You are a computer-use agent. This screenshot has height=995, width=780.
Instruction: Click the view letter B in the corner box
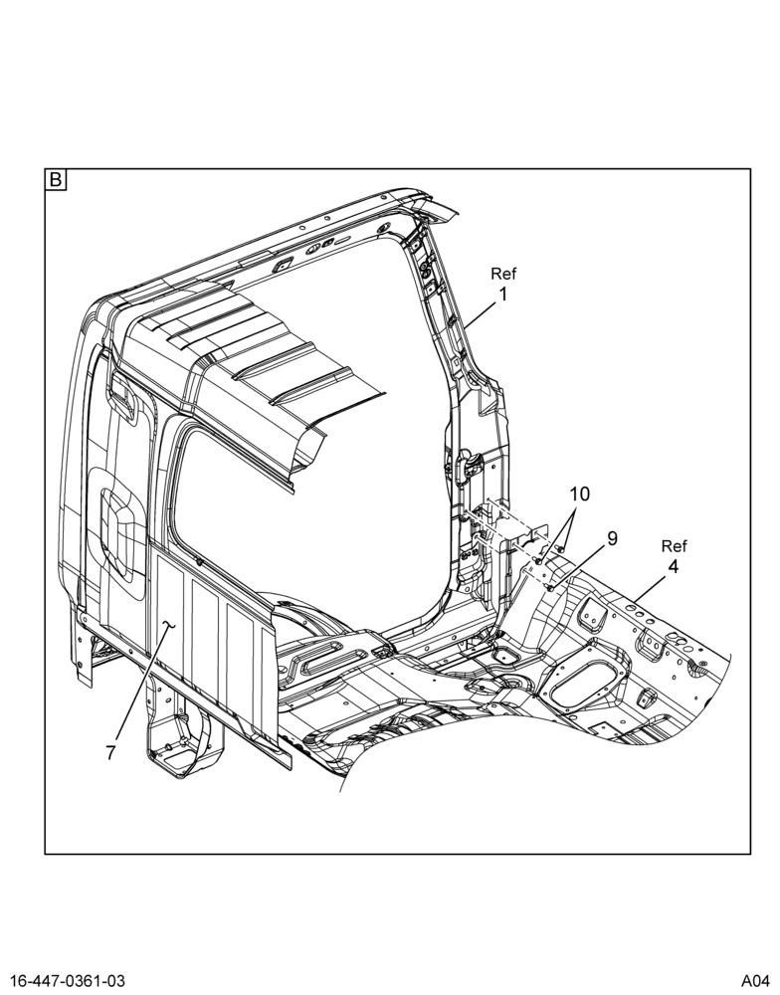(55, 180)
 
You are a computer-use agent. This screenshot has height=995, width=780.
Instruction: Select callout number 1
(502, 295)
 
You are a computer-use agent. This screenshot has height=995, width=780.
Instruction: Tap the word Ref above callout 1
(503, 274)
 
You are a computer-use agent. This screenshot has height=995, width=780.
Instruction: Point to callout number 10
(579, 494)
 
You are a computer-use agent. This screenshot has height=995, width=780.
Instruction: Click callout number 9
(612, 538)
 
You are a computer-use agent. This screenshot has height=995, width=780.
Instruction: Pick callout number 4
(673, 567)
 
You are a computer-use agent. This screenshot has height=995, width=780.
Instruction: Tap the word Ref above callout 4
(674, 545)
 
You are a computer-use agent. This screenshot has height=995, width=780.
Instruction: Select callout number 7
(110, 753)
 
